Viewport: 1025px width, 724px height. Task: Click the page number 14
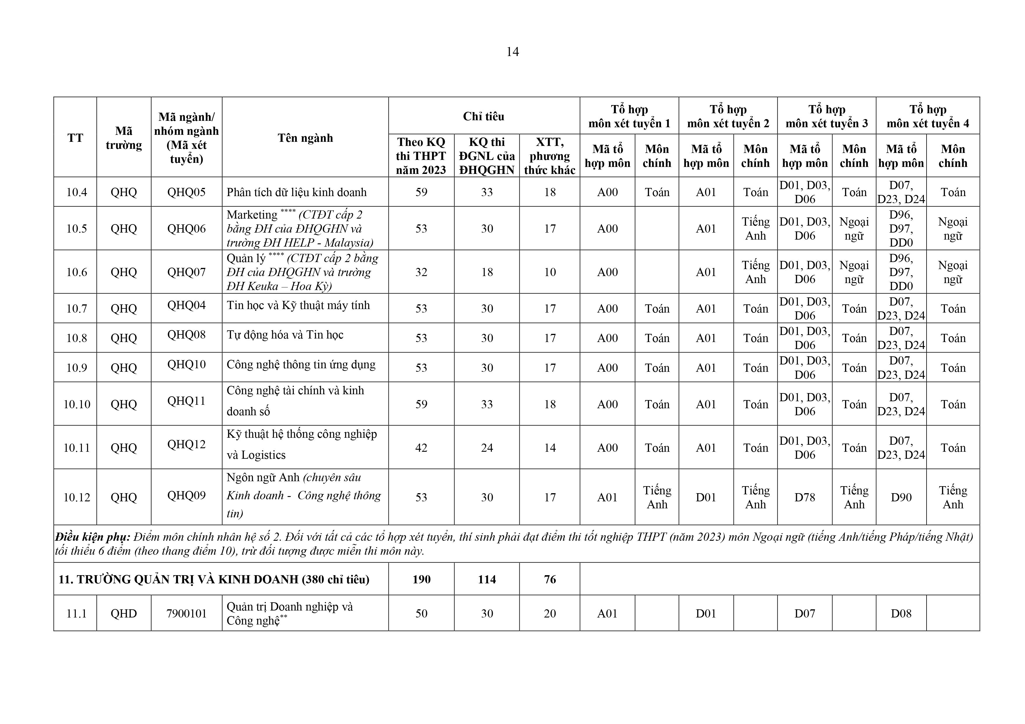click(512, 52)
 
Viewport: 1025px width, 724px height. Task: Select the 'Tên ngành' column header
click(305, 138)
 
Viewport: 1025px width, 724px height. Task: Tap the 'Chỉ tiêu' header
click(483, 116)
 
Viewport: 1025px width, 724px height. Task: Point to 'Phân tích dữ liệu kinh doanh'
click(296, 192)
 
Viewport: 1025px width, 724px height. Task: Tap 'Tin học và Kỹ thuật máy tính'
click(298, 306)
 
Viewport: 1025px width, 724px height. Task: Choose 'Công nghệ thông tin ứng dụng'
click(301, 365)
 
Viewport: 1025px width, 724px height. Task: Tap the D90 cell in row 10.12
click(901, 497)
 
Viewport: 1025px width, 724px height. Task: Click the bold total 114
click(487, 580)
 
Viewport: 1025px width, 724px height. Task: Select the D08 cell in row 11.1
click(901, 614)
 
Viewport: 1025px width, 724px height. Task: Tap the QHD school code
click(124, 614)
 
